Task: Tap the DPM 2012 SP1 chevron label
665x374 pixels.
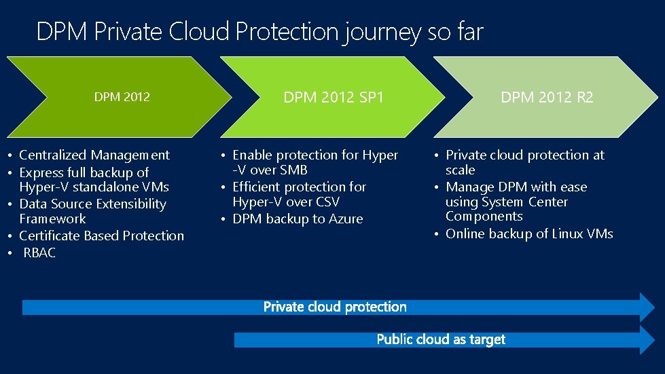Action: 334,98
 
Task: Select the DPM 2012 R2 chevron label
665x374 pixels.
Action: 547,98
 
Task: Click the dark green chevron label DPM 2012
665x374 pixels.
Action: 122,97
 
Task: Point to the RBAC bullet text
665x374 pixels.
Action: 40,253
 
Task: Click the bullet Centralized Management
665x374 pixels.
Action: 94,155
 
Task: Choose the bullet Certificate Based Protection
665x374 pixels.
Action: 101,236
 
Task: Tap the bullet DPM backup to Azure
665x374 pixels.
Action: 298,219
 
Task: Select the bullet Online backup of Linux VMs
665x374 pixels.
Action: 529,234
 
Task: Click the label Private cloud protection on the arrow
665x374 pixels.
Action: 335,307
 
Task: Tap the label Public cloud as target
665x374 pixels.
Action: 441,339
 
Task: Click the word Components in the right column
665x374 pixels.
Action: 484,217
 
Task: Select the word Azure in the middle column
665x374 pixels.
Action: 346,219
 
